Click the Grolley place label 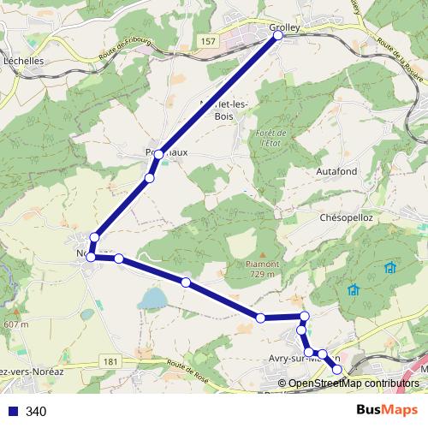pyautogui.click(x=284, y=27)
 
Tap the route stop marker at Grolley pyautogui.click(x=277, y=37)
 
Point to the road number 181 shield pyautogui.click(x=109, y=362)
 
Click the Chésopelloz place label pyautogui.click(x=348, y=218)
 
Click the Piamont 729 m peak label pyautogui.click(x=262, y=269)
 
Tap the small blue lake pyautogui.click(x=153, y=298)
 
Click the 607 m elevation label pyautogui.click(x=16, y=324)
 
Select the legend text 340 pyautogui.click(x=36, y=412)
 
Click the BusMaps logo pyautogui.click(x=382, y=410)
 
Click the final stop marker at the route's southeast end pyautogui.click(x=337, y=369)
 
